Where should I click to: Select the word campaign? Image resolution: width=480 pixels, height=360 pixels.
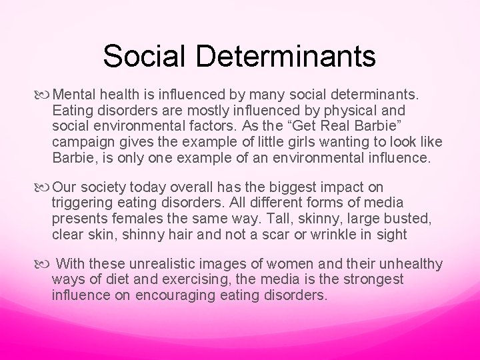tap(81, 142)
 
